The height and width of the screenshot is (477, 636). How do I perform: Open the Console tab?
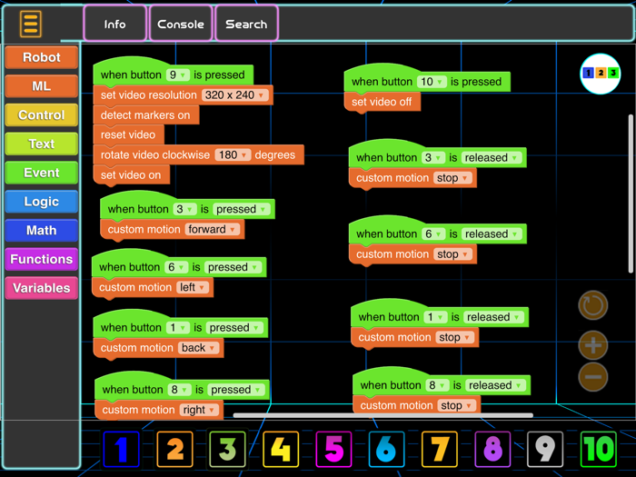180,25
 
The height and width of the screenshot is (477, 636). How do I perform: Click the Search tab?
246,25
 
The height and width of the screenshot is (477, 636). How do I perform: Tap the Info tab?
114,25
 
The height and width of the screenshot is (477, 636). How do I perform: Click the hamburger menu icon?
31,24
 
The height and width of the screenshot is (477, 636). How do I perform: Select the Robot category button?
41,57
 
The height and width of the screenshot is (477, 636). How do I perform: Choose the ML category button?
41,86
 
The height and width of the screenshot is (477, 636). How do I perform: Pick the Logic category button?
41,202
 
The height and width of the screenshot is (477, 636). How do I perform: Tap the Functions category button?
41,259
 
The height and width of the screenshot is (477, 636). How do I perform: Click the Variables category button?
41,288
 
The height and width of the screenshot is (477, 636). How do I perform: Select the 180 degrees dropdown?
233,155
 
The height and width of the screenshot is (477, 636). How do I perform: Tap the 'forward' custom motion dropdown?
213,230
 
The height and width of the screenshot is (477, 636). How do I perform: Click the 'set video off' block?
382,102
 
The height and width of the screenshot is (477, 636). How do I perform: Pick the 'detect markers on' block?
145,115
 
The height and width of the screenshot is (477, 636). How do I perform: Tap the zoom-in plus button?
593,345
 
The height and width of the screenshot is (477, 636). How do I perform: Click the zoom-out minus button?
593,376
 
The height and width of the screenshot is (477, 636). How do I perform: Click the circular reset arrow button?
593,305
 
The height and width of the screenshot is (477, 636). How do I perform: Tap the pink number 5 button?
333,449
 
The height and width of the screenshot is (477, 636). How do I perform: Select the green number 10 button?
598,449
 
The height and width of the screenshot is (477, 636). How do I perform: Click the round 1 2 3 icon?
600,74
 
